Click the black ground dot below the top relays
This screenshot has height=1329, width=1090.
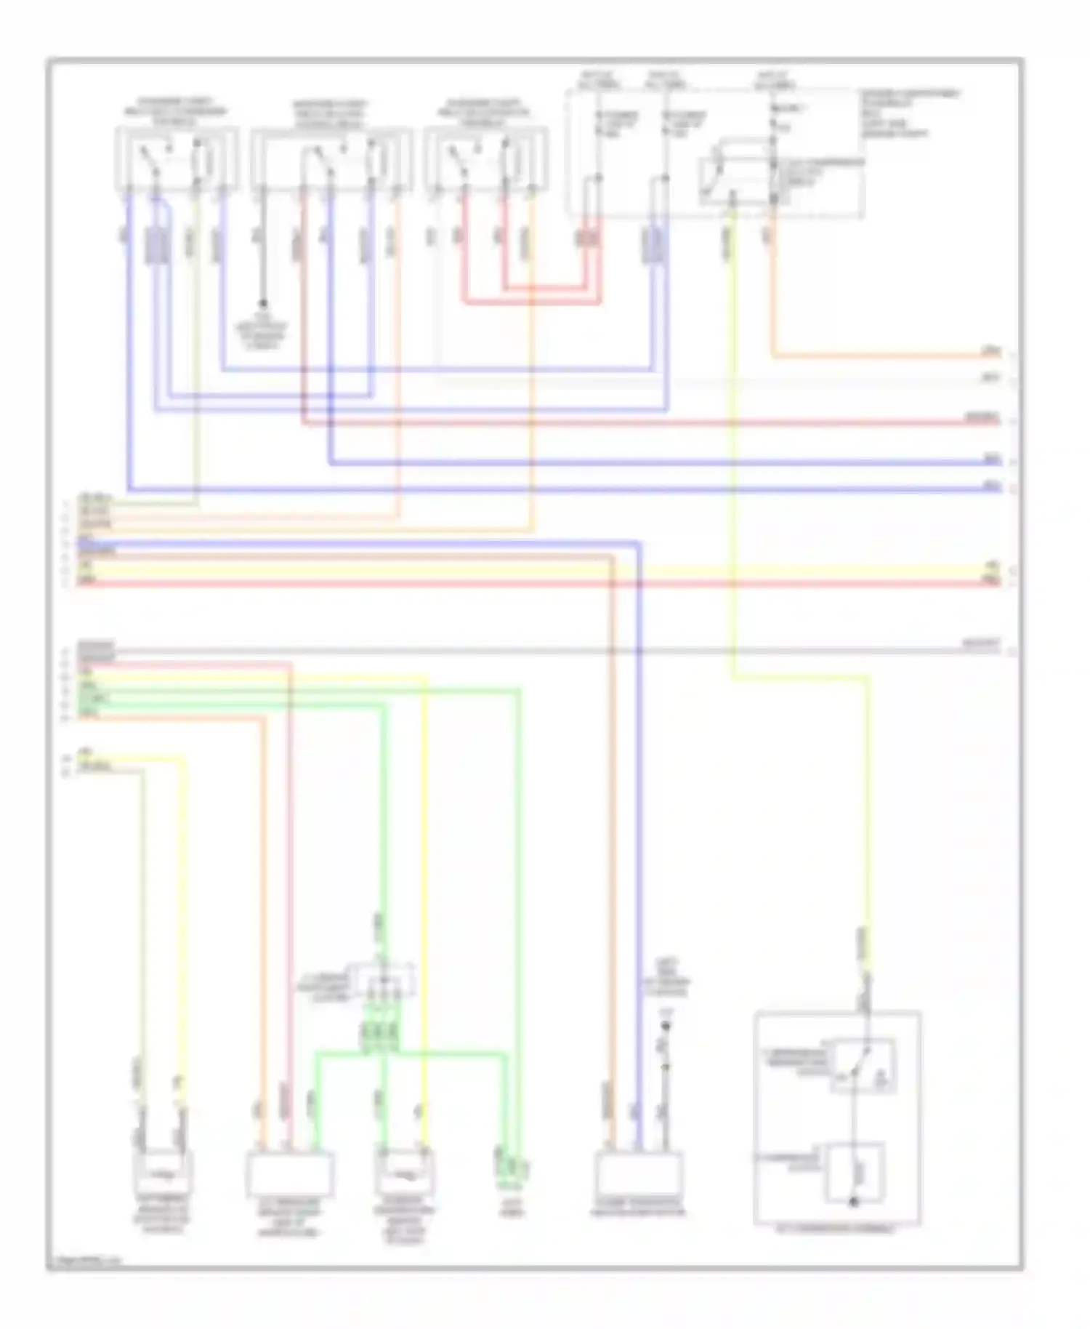point(263,303)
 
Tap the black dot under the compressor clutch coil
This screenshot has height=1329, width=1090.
point(854,1202)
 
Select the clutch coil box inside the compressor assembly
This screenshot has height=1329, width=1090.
point(855,1172)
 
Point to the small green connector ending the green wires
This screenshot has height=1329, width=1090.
point(512,1167)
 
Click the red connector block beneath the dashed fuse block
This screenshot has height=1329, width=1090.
point(588,238)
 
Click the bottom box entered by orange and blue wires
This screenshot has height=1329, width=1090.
point(637,1173)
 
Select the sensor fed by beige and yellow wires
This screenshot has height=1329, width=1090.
point(163,1172)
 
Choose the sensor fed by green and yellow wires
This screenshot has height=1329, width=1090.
point(405,1172)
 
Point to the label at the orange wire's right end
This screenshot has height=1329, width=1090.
point(991,351)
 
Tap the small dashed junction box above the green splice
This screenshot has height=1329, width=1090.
point(381,981)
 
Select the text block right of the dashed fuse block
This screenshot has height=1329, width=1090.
point(908,113)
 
